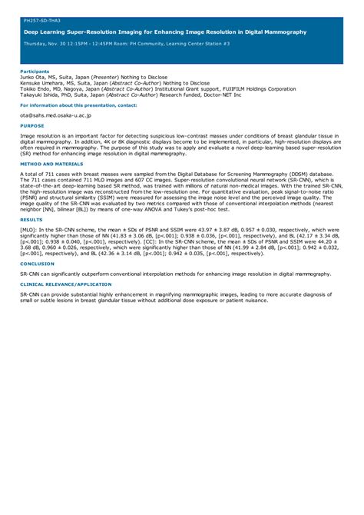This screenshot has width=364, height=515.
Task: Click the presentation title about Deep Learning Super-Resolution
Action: [165, 32]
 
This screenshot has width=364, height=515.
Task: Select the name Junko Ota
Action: [34, 78]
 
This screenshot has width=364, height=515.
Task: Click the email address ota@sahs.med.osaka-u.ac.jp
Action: [55, 115]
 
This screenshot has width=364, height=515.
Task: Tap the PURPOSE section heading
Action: [32, 125]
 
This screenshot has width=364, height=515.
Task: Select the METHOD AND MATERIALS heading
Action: [51, 164]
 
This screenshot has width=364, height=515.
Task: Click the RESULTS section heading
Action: [31, 219]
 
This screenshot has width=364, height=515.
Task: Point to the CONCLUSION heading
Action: [38, 263]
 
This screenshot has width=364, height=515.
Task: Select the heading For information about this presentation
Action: [79, 105]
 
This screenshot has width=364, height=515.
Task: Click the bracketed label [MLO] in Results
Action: [28, 229]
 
